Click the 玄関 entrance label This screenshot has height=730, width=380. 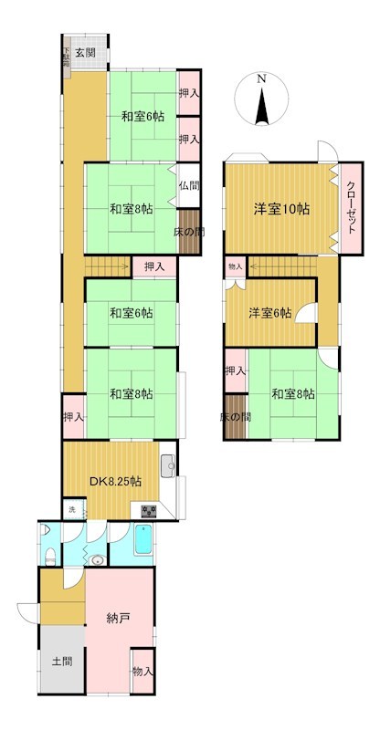pyautogui.click(x=85, y=53)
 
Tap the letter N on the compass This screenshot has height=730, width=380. pyautogui.click(x=262, y=78)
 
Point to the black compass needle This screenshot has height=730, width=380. pyautogui.click(x=262, y=106)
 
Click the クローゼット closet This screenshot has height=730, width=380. pyautogui.click(x=351, y=208)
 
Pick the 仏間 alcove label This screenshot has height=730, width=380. pyautogui.click(x=189, y=186)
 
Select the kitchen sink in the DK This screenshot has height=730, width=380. pyautogui.click(x=168, y=466)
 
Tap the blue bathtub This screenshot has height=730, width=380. pyautogui.click(x=143, y=540)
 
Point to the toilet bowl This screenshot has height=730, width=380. pyautogui.click(x=50, y=556)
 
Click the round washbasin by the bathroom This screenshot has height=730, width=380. pyautogui.click(x=97, y=559)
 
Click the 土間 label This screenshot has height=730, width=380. pyautogui.click(x=62, y=661)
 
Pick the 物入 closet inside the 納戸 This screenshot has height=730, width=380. pyautogui.click(x=142, y=672)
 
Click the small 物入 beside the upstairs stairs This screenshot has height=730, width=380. pyautogui.click(x=236, y=266)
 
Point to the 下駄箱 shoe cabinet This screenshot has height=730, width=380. pyautogui.click(x=66, y=57)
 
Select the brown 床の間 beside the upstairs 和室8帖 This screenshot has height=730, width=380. pyautogui.click(x=235, y=417)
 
